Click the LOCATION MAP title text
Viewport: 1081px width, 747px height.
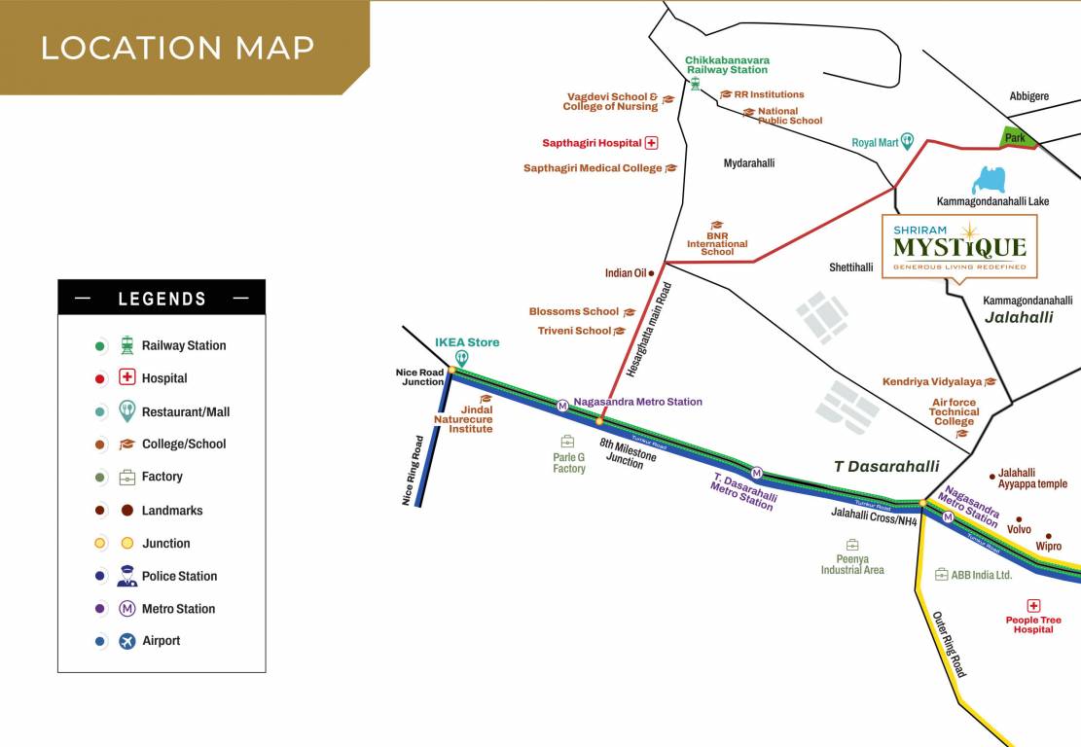[177, 48]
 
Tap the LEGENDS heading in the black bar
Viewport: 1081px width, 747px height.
[162, 299]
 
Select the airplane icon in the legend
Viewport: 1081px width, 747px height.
[127, 641]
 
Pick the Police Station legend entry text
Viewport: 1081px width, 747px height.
[179, 576]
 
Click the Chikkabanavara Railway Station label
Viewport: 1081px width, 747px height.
[727, 65]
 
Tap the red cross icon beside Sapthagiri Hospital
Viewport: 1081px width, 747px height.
[652, 143]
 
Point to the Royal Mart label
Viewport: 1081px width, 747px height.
[874, 143]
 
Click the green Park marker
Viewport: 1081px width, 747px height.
[1017, 138]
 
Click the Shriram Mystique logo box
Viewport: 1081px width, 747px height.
[958, 247]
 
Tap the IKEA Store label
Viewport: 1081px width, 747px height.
[467, 342]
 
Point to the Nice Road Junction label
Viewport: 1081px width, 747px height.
[419, 377]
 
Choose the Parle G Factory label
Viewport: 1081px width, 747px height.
[569, 463]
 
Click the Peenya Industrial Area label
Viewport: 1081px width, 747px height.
[852, 564]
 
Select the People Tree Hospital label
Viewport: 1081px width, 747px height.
[1033, 624]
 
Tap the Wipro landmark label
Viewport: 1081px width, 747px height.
[1049, 547]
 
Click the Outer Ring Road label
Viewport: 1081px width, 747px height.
[949, 644]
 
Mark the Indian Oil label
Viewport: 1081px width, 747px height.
[626, 273]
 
